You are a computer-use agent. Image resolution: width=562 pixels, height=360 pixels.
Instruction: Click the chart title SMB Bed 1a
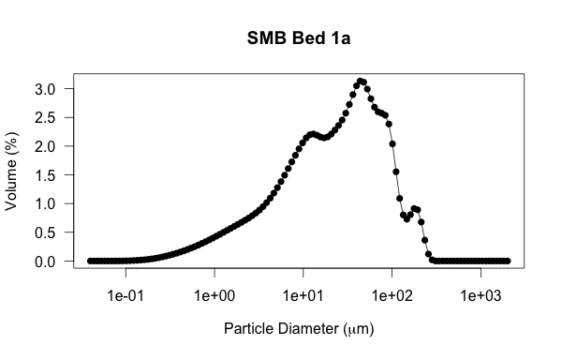coord(299,38)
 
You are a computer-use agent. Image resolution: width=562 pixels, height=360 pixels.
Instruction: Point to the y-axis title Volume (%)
coord(12,174)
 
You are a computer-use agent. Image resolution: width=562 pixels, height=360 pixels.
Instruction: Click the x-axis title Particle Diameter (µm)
coord(299,329)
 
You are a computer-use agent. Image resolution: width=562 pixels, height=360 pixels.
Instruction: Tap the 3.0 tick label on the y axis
coord(48,89)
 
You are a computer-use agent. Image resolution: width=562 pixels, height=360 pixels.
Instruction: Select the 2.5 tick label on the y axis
coord(48,117)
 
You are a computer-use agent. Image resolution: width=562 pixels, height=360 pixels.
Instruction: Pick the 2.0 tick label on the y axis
coord(48,146)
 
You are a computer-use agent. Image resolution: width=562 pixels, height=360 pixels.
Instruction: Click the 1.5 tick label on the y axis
coord(48,175)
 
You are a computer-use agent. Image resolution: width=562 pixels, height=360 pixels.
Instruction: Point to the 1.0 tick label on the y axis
coord(48,203)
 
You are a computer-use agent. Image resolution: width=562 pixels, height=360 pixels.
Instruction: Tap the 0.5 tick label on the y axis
coord(48,232)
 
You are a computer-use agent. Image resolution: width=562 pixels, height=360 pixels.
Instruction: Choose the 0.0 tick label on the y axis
coord(48,262)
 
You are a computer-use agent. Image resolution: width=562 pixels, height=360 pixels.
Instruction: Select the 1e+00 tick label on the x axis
coord(214,294)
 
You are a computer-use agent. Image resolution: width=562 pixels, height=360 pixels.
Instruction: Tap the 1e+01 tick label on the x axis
coord(303,294)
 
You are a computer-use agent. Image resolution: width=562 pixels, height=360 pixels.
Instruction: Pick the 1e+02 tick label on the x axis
coord(392,294)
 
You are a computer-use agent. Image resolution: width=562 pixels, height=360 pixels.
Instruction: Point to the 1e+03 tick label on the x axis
coord(481,294)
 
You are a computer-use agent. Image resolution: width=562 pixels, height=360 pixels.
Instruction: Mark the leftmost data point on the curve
coord(90,261)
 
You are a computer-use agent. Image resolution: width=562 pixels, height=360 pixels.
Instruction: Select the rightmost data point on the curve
coord(508,261)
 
